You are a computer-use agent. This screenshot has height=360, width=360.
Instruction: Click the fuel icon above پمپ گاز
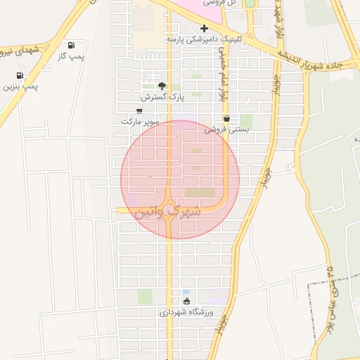(71, 45)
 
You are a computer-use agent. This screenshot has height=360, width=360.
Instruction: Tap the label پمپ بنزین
(20, 86)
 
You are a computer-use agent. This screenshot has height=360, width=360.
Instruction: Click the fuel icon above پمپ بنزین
(20, 75)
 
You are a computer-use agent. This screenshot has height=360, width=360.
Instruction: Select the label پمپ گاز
(71, 56)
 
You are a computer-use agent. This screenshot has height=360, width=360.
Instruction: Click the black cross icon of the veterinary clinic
(204, 29)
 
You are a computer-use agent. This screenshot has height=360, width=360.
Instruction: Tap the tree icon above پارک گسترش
(162, 86)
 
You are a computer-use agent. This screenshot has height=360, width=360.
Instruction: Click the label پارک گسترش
(162, 96)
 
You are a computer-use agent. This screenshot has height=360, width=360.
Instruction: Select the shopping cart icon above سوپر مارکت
(140, 111)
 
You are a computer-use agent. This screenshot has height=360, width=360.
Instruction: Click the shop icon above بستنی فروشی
(226, 119)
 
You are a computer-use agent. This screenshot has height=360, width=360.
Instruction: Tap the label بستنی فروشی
(227, 129)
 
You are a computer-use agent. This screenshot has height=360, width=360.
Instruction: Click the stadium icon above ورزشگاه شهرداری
(186, 301)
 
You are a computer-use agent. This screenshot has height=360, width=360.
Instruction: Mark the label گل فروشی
(220, 3)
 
